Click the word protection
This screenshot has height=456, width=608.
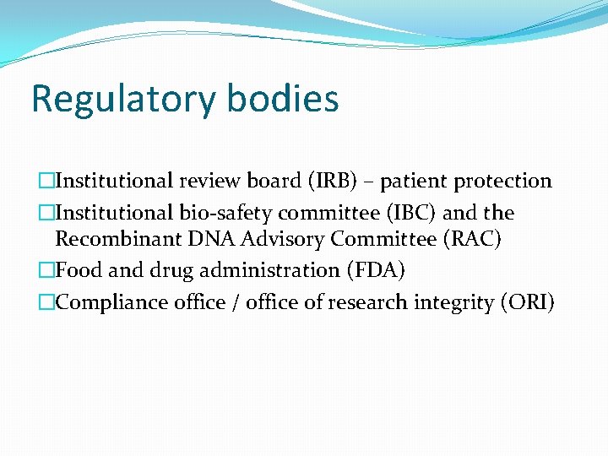[503, 181]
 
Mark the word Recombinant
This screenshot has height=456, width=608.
[116, 240]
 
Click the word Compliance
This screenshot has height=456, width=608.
[106, 302]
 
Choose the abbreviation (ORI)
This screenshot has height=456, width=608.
[529, 302]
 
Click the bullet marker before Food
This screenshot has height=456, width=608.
[45, 270]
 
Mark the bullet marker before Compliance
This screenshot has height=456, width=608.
[45, 302]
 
